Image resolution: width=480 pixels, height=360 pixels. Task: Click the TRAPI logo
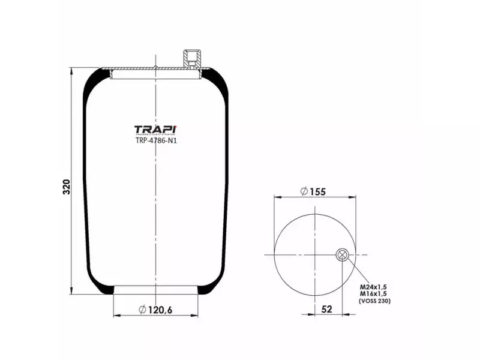click(155, 130)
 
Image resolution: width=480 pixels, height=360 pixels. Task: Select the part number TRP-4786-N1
click(155, 142)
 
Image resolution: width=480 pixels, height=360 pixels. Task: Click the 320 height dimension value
click(67, 186)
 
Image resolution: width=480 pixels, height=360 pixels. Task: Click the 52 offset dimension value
click(328, 309)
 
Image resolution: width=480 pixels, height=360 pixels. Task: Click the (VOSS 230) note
click(374, 301)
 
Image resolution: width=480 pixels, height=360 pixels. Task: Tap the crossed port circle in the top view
click(342, 254)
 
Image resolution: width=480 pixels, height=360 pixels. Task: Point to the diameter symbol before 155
click(304, 191)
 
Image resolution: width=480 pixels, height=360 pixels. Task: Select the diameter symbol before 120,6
click(143, 310)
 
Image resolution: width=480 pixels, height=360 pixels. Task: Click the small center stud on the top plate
click(155, 67)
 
